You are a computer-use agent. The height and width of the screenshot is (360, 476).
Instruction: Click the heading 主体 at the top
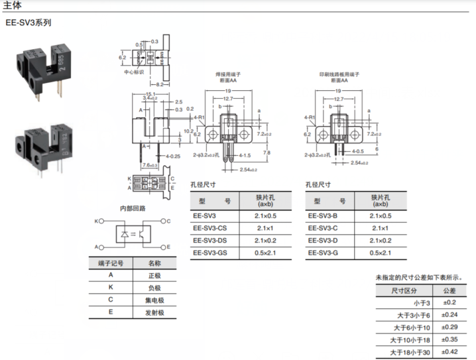(x=13, y=5)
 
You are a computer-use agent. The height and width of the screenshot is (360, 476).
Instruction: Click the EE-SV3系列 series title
(x=28, y=22)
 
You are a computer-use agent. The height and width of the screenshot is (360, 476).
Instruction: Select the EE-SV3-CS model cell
(x=209, y=228)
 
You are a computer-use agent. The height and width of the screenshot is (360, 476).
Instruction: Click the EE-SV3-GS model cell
(x=209, y=253)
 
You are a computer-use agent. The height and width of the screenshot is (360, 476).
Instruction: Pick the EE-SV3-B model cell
(x=324, y=215)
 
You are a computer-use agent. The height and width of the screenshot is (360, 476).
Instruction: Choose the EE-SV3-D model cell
(x=324, y=240)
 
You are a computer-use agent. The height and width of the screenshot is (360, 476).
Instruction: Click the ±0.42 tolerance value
(x=449, y=352)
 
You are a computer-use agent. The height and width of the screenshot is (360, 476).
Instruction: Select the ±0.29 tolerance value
(x=449, y=328)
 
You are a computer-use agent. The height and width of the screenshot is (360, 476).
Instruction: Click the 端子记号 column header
(x=110, y=263)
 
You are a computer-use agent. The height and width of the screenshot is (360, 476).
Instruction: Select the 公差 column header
(x=449, y=290)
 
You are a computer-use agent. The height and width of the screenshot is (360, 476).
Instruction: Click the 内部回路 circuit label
(x=132, y=208)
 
